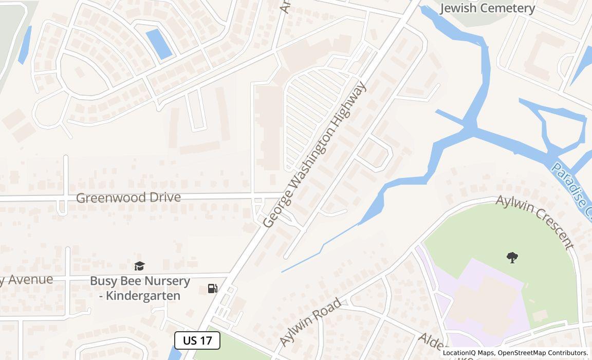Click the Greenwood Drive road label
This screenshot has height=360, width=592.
pyautogui.click(x=128, y=197)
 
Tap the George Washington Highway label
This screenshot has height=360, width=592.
pyautogui.click(x=314, y=154)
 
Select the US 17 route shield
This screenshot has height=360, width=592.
pyautogui.click(x=197, y=340)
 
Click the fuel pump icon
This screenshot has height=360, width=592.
pyautogui.click(x=212, y=289)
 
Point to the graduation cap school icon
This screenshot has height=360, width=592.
pyautogui.click(x=139, y=266)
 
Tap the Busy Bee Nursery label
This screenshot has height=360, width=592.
pyautogui.click(x=140, y=281)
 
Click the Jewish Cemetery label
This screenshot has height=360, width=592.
pyautogui.click(x=488, y=8)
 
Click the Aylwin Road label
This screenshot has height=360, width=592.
pyautogui.click(x=310, y=322)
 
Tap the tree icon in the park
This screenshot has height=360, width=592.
pyautogui.click(x=512, y=257)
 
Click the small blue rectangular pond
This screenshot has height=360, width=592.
pyautogui.click(x=159, y=44)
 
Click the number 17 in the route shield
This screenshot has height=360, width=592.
pyautogui.click(x=206, y=340)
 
